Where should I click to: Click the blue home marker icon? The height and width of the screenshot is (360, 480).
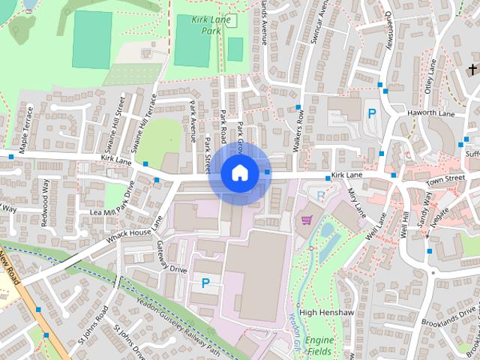pos(238,172)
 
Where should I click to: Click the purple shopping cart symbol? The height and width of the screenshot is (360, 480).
pos(306,220)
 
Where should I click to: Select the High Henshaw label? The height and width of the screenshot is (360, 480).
pos(321,312)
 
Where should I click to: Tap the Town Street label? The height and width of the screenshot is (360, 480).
pos(445,181)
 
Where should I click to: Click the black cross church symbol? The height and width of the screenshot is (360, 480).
pos(472,70)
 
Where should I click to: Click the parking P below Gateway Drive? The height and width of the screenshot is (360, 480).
pos(205,283)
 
